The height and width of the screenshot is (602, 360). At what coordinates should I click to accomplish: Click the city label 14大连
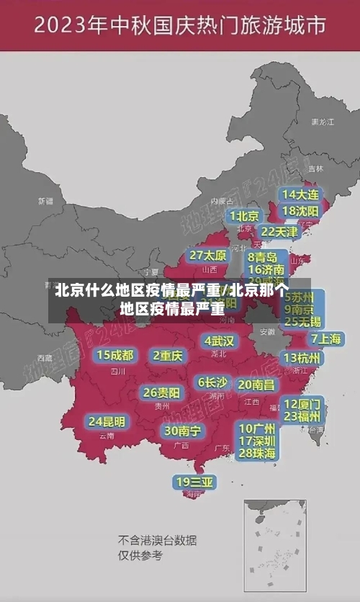coord(300,194)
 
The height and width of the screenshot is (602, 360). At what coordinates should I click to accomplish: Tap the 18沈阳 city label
coord(300,211)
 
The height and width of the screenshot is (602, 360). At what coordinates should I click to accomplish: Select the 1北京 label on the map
coord(244,216)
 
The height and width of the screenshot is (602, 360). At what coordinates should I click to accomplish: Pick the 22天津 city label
coord(279,232)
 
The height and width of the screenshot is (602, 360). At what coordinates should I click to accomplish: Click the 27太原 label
coord(208,255)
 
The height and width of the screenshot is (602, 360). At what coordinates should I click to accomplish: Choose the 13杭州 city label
coord(302,358)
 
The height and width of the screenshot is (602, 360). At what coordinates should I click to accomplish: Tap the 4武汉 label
coord(219,341)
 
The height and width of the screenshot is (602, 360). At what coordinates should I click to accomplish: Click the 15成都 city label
coord(115,355)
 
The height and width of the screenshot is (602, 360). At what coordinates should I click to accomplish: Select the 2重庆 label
coord(168,356)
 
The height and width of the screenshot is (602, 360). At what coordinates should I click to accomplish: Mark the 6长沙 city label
coord(212,382)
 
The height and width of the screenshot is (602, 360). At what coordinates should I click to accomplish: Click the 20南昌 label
coord(256,385)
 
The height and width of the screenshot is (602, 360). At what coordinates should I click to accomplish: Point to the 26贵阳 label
coord(161,393)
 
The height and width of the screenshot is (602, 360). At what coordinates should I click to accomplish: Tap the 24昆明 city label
coord(107,421)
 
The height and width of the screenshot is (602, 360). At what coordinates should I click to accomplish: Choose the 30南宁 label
coord(182,431)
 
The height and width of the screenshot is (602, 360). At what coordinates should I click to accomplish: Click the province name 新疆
coord(45,201)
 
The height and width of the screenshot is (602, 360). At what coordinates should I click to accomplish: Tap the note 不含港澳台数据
coord(158,540)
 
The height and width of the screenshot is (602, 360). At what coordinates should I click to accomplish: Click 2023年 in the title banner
coord(60,27)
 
